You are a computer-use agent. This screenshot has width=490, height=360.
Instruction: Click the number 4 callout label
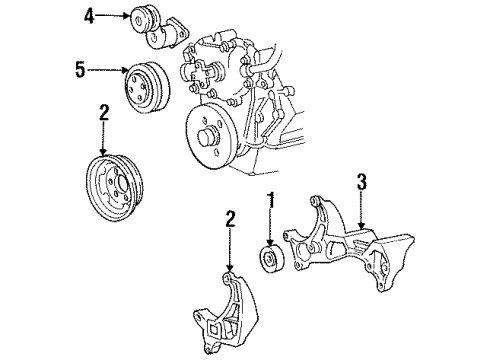coord(90,16)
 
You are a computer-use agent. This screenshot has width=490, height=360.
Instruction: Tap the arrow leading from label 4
coord(112,16)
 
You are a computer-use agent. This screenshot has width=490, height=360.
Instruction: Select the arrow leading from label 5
coord(108,72)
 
